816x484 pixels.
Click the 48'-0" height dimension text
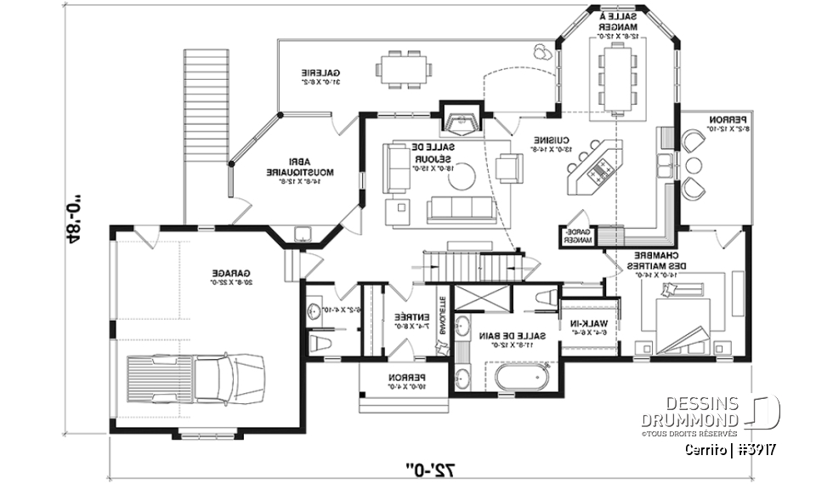(76, 216)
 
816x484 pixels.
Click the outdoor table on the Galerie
(405, 68)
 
